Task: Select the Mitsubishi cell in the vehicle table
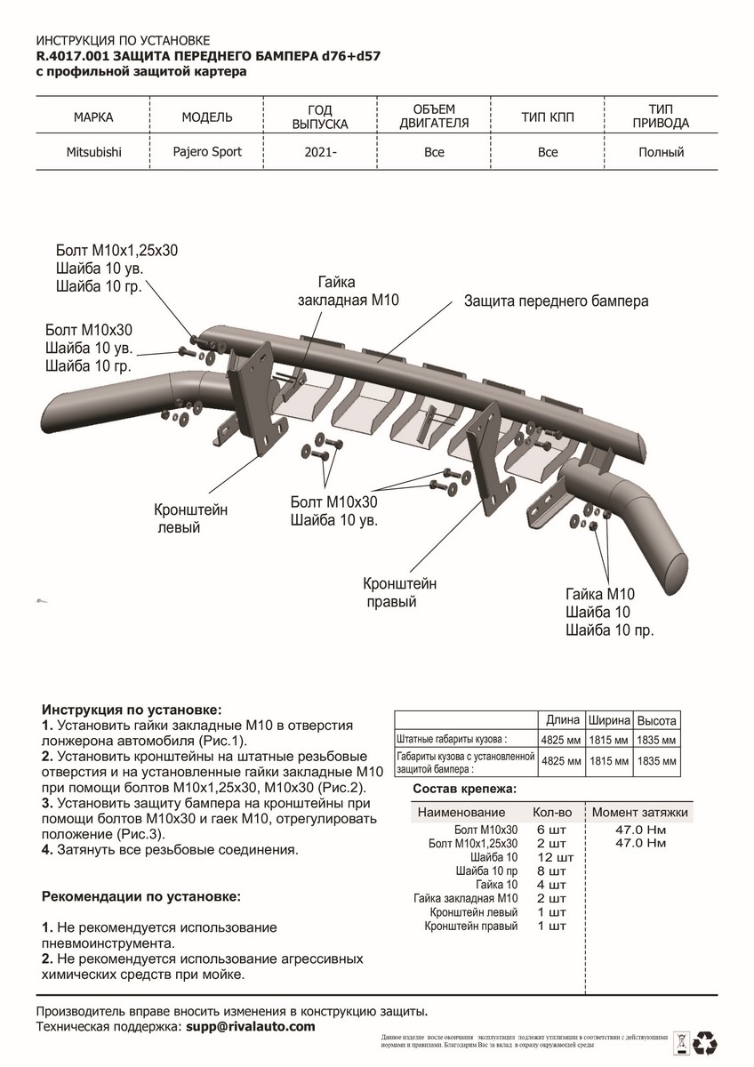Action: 94,152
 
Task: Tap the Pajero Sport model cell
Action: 207,151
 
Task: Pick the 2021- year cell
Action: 321,153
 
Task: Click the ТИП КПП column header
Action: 548,116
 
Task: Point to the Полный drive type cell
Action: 662,152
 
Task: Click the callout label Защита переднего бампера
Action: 556,301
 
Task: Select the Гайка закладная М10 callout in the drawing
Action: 346,291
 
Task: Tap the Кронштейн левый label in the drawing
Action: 191,518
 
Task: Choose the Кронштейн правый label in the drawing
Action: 399,593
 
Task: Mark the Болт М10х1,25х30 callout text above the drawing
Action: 116,251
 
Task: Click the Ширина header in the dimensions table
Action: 609,720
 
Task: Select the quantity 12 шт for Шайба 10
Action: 556,858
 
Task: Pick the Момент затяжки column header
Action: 640,813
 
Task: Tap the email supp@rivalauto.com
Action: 251,1027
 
